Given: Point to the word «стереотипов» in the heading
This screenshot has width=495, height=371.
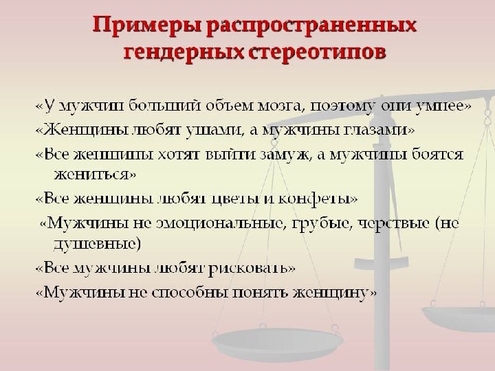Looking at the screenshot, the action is point(317,52).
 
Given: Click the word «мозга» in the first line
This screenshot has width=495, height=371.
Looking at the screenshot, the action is point(282,106).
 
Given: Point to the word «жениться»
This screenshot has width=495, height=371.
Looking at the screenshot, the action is point(91,174).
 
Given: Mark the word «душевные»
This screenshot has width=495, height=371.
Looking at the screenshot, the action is point(96,243).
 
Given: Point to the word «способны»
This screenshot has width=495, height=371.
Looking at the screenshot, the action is point(190,293).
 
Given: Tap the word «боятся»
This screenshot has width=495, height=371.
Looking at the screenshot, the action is point(438,155).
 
